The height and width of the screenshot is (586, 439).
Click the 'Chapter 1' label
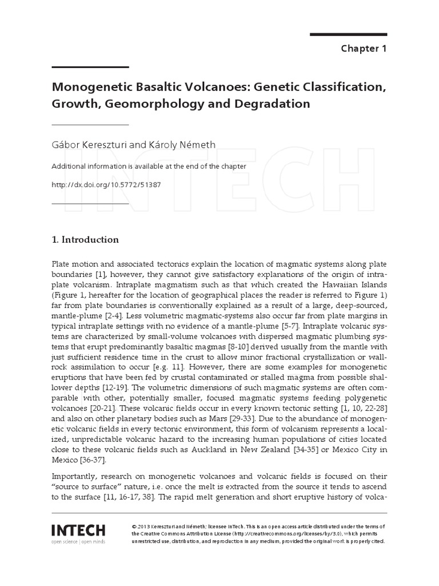pyautogui.click(x=364, y=48)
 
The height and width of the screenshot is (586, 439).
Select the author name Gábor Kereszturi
pyautogui.click(x=90, y=145)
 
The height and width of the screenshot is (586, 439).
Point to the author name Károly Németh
pyautogui.click(x=182, y=145)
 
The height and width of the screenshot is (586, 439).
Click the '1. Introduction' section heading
pyautogui.click(x=85, y=239)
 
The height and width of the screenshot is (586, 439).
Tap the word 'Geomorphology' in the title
pyautogui.click(x=150, y=104)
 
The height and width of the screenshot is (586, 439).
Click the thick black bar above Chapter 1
pyautogui.click(x=348, y=34)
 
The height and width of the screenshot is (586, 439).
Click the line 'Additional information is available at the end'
pyautogui.click(x=149, y=166)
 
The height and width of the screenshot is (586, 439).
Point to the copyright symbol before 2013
pyautogui.click(x=134, y=526)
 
